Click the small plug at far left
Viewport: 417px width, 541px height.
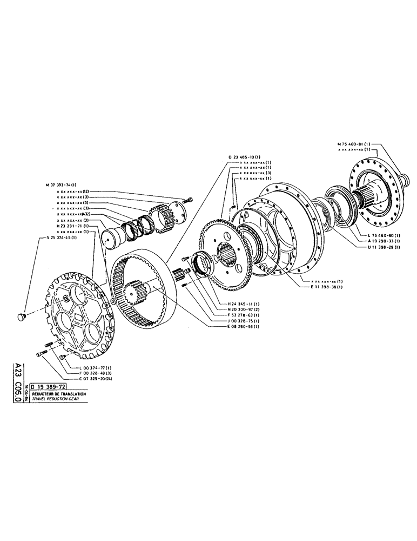click(23, 315)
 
